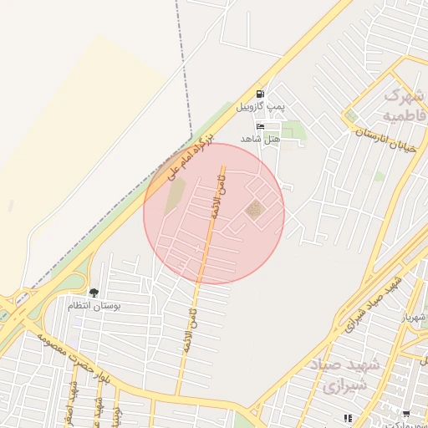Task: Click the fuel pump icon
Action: [x=261, y=94]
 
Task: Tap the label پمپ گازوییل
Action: [x=261, y=107]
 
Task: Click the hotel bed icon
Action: [x=261, y=126]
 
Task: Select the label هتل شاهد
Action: [x=260, y=139]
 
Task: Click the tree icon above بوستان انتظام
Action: [x=94, y=293]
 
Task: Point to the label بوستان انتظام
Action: [x=94, y=306]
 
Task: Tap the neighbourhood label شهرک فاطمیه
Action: [x=404, y=103]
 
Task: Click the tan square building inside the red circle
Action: [x=255, y=211]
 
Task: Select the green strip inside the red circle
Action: [x=175, y=196]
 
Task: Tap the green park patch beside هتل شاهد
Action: [x=293, y=129]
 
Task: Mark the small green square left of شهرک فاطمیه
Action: [x=351, y=115]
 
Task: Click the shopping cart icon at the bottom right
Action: [x=406, y=415]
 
